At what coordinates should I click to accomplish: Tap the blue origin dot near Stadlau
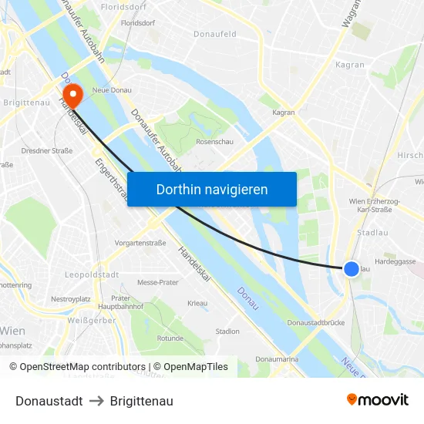coord(351,268)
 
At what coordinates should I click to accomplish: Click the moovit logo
coord(378,400)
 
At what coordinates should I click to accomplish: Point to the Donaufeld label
coord(215,35)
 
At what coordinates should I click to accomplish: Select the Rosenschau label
coord(214,142)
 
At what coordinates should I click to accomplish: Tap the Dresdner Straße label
coord(47,150)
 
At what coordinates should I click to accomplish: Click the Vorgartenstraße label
coord(140,242)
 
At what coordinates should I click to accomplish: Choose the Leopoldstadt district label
coord(91,274)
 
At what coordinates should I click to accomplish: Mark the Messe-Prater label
coord(158,283)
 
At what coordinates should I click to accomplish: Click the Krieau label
coord(197,304)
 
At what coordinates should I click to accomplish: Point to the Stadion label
coord(227,331)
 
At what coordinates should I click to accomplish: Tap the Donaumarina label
coord(277,359)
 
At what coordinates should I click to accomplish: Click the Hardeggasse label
coord(395,261)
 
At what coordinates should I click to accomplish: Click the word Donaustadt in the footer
coord(49,401)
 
